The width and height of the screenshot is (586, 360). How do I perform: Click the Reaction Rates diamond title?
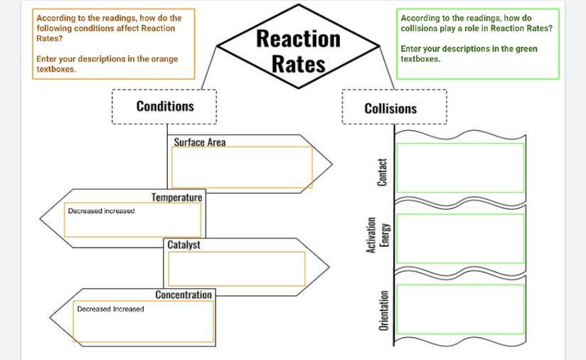pyautogui.click(x=298, y=50)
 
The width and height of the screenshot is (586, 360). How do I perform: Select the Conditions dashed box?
pyautogui.click(x=164, y=107)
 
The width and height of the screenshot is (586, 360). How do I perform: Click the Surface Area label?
pyautogui.click(x=200, y=142)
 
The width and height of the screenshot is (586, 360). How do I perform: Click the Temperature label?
pyautogui.click(x=176, y=197)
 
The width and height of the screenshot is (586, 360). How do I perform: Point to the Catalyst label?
pyautogui.click(x=183, y=245)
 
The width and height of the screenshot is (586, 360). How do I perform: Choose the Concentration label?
pyautogui.click(x=183, y=295)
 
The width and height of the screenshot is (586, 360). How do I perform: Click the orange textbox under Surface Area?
pyautogui.click(x=242, y=167)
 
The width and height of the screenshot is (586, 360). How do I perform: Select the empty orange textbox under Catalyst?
pyautogui.click(x=236, y=268)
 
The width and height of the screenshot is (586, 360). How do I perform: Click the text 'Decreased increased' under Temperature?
pyautogui.click(x=101, y=211)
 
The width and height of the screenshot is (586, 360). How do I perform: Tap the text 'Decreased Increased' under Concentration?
pyautogui.click(x=110, y=309)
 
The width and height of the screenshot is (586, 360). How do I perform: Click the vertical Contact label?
pyautogui.click(x=382, y=172)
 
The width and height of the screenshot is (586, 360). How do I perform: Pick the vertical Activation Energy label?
pyautogui.click(x=378, y=235)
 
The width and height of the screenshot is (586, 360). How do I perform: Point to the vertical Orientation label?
pyautogui.click(x=383, y=309)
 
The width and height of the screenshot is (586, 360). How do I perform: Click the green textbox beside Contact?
pyautogui.click(x=460, y=167)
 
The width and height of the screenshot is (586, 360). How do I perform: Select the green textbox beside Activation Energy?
pyautogui.click(x=460, y=238)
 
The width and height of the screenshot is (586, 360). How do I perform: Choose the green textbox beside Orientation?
pyautogui.click(x=460, y=309)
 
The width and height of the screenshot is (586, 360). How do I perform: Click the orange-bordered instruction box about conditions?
pyautogui.click(x=113, y=44)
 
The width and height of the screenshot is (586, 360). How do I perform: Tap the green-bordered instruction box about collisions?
pyautogui.click(x=478, y=44)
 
